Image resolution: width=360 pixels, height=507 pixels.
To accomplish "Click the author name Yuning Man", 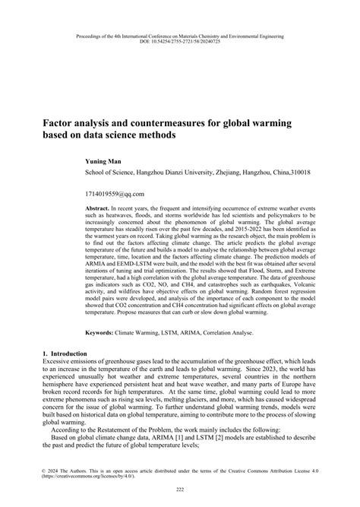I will [x=104, y=162].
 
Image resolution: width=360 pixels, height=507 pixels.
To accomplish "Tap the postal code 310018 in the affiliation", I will [x=287, y=173].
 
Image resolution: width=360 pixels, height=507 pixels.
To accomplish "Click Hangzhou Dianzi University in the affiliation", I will [x=168, y=173].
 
